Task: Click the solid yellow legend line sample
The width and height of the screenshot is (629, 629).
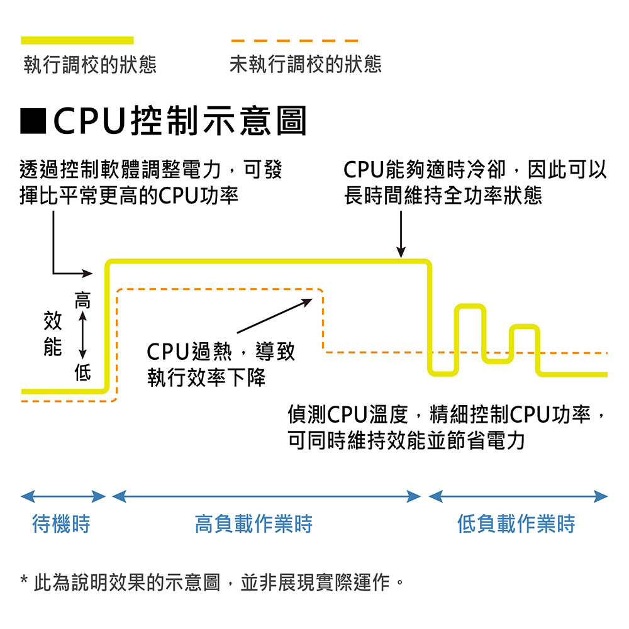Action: [x=77, y=40]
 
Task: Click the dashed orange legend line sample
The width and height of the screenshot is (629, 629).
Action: [x=294, y=40]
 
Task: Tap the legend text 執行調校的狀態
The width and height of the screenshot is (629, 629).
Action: [x=90, y=65]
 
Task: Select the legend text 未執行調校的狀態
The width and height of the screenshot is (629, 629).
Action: [x=306, y=65]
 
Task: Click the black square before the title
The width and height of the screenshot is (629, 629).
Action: [x=33, y=121]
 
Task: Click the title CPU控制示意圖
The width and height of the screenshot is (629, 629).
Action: [x=181, y=121]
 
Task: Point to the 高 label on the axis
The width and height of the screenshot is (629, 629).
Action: [x=82, y=300]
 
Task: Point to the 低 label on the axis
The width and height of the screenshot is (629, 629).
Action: [x=82, y=374]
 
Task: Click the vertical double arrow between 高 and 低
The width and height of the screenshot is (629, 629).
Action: [x=82, y=337]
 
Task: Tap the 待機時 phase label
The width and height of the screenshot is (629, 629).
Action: [x=61, y=523]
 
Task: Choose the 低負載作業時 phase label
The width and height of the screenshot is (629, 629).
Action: [x=516, y=523]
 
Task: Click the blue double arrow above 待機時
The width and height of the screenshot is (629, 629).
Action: [x=63, y=497]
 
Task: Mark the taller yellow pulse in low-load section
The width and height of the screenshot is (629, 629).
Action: [x=470, y=308]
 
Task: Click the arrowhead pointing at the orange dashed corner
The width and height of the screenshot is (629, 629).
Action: [x=308, y=301]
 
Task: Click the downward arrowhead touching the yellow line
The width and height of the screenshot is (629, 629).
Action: [x=401, y=252]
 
